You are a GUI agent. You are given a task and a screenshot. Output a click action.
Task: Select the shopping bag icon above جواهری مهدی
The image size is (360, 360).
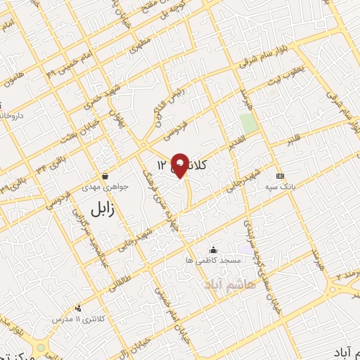pos(105,176)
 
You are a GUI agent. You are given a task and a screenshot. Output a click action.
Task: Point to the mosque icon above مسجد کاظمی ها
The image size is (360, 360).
pos(214,250)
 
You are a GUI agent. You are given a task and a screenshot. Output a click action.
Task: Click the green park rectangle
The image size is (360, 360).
pos(247,123)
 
